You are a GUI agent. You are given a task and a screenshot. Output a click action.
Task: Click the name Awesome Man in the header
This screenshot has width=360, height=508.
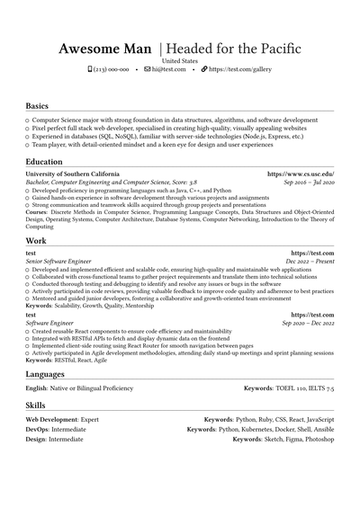105,48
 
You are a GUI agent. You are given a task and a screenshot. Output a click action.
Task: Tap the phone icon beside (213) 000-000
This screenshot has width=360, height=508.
90,69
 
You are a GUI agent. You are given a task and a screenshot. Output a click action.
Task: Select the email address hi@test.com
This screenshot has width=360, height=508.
168,69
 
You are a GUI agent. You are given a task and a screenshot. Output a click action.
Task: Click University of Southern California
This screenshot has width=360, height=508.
72,174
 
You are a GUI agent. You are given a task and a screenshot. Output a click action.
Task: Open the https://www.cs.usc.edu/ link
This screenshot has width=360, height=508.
301,174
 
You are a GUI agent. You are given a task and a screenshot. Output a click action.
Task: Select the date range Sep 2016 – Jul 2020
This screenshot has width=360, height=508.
308,182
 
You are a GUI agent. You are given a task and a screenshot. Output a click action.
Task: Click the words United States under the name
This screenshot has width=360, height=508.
179,59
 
